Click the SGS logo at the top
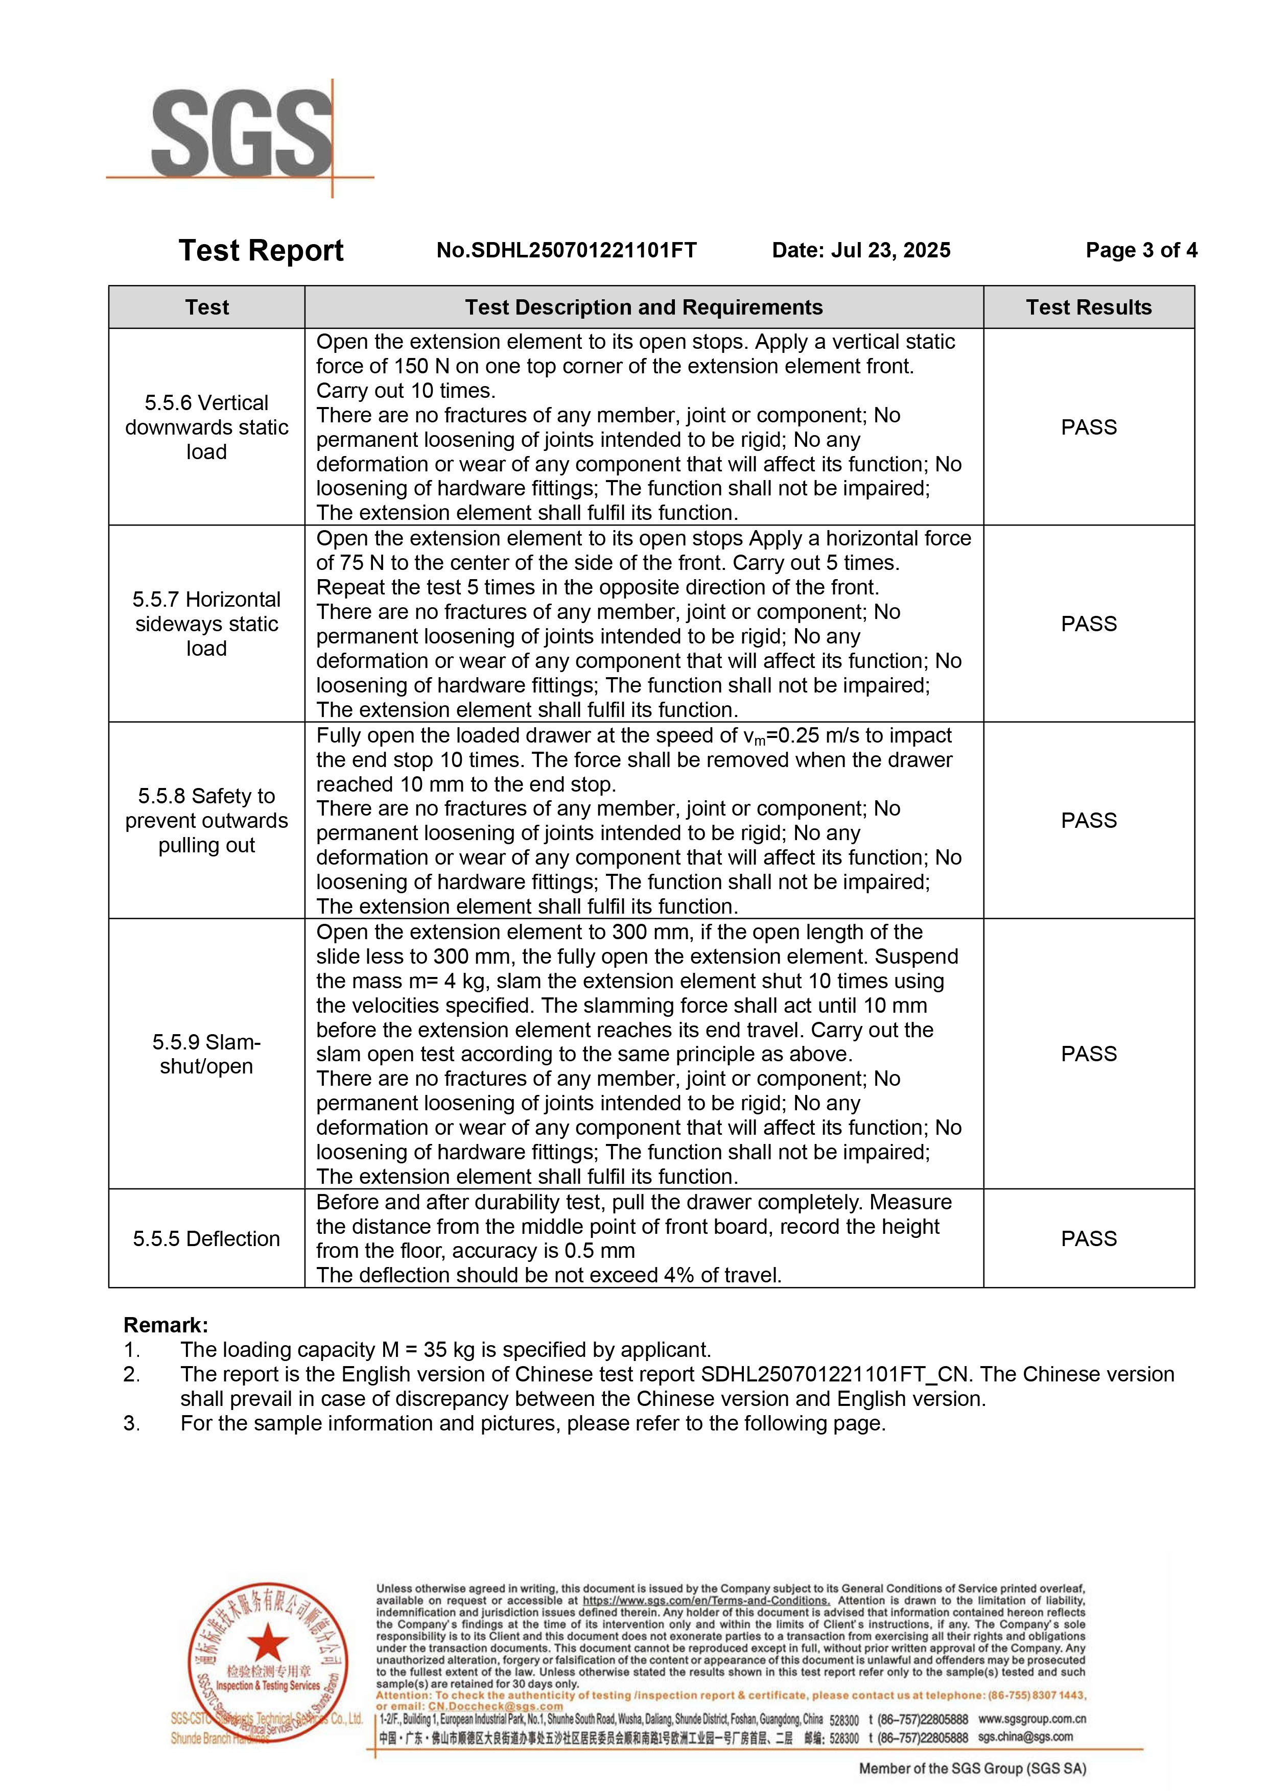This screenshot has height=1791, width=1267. click(x=242, y=134)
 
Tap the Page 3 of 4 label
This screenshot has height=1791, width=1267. click(x=1141, y=250)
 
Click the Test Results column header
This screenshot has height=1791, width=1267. click(x=1088, y=307)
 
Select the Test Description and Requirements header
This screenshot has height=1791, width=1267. click(x=644, y=307)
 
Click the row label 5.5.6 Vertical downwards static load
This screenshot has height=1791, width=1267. click(x=207, y=427)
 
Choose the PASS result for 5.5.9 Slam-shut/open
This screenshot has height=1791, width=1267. click(x=1088, y=1054)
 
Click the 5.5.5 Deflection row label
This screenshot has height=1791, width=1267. click(x=207, y=1239)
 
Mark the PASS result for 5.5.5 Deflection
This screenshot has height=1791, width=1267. click(x=1088, y=1239)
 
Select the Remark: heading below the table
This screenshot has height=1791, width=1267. click(x=166, y=1325)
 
